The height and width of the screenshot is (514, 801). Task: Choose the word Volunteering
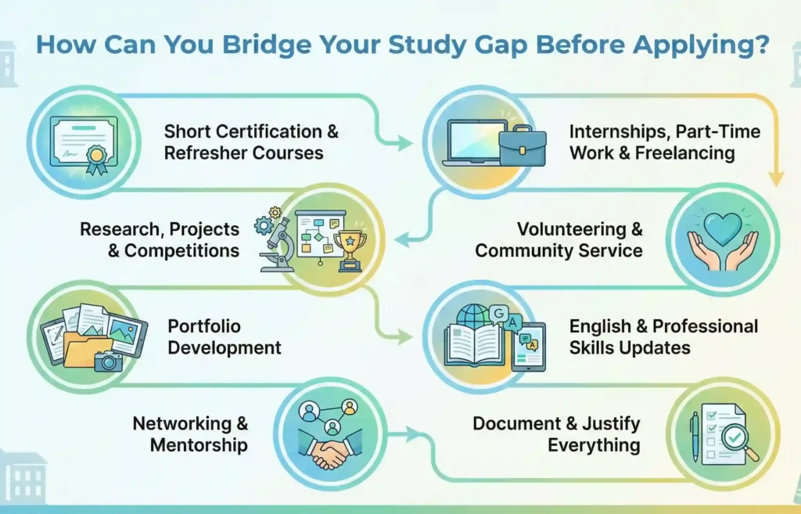pos(580,230)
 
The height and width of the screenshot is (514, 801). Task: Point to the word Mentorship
pos(199,445)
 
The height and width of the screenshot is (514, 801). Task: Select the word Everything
pos(593,445)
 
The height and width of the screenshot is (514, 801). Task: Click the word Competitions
pos(181,251)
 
